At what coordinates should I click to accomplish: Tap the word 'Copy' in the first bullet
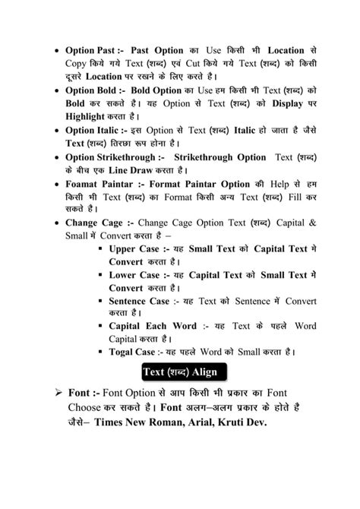[x=77, y=63]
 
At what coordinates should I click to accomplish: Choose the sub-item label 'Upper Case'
[x=134, y=249]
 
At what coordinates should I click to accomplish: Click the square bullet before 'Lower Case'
[x=100, y=276]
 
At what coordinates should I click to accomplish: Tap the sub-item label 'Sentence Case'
[x=139, y=302]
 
